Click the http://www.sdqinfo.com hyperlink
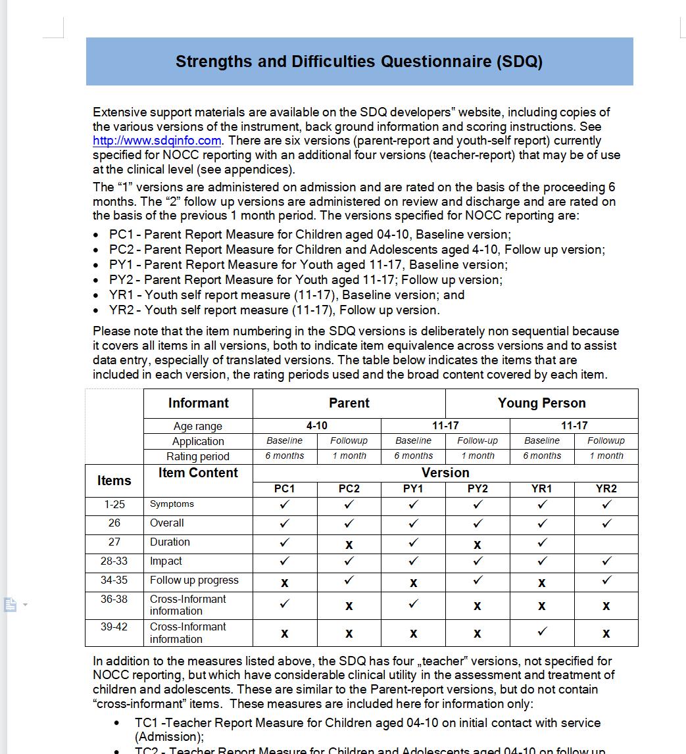coord(157,141)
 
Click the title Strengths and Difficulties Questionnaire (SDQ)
coord(359,62)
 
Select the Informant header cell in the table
coord(198,403)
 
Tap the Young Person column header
coord(541,403)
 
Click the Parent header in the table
coord(349,403)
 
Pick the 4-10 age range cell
coord(316,426)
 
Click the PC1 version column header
coord(284,489)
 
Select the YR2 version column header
coord(606,489)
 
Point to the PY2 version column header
coord(478,489)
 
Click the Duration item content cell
coord(170,542)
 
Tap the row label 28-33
coord(114,561)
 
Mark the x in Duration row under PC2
coord(349,544)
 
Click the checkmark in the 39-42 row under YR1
coord(542,632)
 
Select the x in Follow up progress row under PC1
coord(285,582)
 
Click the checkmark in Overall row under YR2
coord(606,524)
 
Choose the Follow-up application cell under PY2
coord(478,441)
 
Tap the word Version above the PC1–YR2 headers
coord(445,473)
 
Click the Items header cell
coord(114,481)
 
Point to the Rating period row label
coord(198,456)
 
